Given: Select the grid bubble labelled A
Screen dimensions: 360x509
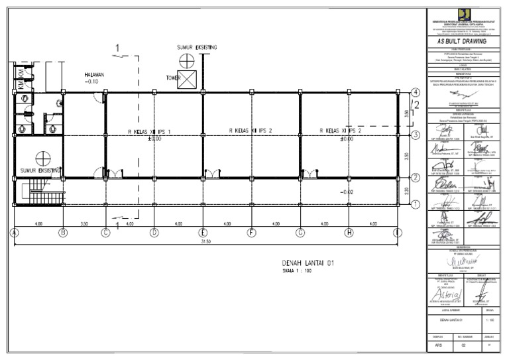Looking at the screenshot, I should point(14,232).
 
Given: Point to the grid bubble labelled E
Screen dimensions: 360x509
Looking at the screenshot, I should point(203,232).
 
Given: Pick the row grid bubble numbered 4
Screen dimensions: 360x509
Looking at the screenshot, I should point(416,92).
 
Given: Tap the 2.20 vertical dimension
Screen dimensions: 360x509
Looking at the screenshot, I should point(406,190).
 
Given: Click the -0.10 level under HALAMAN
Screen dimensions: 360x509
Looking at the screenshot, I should point(92,82).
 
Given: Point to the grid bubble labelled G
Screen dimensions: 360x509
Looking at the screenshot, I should point(300,232).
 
